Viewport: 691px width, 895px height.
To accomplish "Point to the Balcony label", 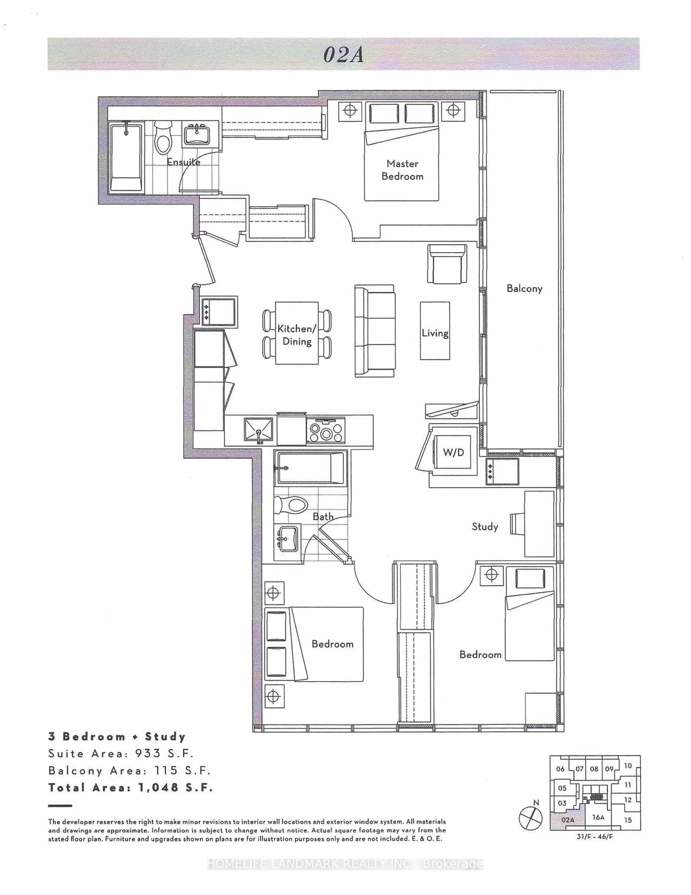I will (524, 289).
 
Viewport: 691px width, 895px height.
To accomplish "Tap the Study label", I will (485, 527).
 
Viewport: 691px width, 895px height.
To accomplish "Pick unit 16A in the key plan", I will (598, 817).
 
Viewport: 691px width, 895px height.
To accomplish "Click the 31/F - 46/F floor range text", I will (595, 836).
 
